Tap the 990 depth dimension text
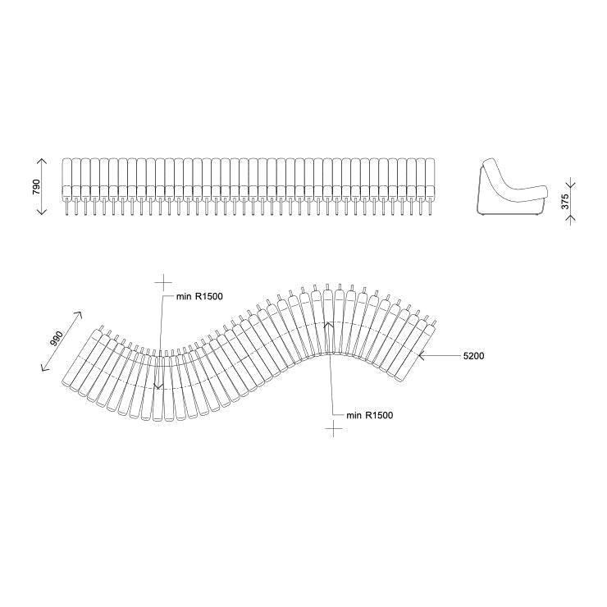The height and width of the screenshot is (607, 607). pyautogui.click(x=56, y=339)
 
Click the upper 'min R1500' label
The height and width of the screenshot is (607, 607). pyautogui.click(x=199, y=297)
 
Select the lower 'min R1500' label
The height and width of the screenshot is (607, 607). pyautogui.click(x=369, y=415)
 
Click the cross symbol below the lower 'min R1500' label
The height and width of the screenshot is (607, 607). pyautogui.click(x=332, y=431)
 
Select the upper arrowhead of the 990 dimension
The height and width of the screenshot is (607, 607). pyautogui.click(x=80, y=313)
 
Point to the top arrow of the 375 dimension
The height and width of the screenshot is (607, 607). pyautogui.click(x=571, y=184)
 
